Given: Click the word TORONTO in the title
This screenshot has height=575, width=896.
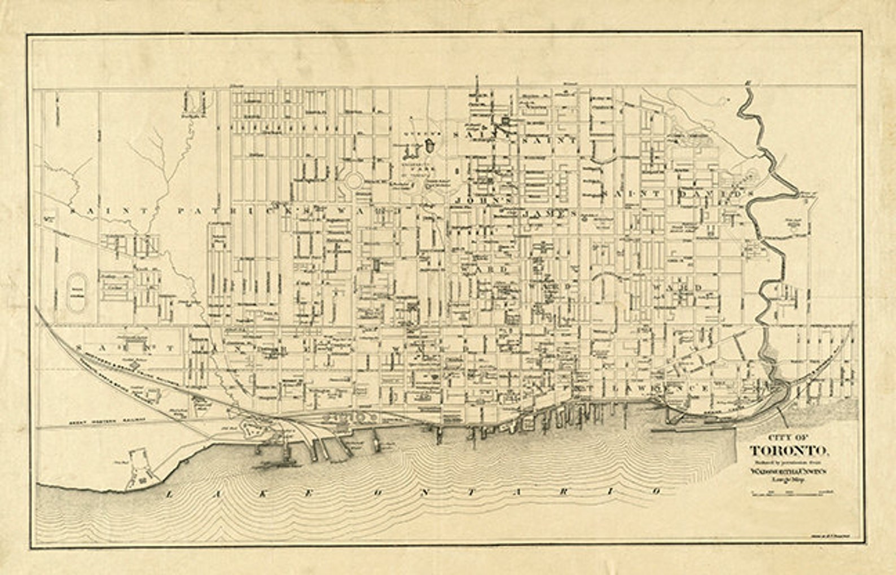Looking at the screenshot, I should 788,451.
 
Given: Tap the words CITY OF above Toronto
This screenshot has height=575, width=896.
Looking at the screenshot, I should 788,437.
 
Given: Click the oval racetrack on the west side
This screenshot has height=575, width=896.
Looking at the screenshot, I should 76,292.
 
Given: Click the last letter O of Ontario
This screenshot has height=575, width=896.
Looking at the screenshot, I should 656,491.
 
